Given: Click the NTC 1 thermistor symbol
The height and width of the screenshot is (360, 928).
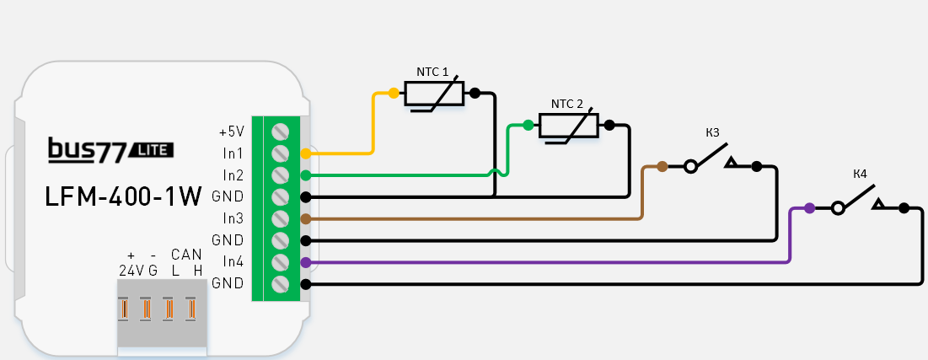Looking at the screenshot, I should [434, 94].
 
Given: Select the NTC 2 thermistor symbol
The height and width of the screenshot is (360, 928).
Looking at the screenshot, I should [568, 126].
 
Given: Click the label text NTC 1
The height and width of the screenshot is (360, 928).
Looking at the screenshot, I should [432, 72].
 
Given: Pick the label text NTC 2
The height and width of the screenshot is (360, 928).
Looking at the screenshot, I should [567, 104].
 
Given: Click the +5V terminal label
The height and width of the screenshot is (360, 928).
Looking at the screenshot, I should [231, 132].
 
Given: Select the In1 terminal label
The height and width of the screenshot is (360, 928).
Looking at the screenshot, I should [233, 153].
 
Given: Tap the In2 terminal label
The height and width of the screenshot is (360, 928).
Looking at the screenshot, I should [233, 175].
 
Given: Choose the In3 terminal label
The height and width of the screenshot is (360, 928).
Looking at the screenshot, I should [233, 218].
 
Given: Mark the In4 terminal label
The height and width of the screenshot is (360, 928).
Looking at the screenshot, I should [233, 261].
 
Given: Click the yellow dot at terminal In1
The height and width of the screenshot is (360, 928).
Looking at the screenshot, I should [304, 154].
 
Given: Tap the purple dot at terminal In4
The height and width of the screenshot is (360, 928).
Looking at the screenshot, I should [304, 262].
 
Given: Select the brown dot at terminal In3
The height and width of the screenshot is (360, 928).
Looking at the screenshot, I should [304, 219].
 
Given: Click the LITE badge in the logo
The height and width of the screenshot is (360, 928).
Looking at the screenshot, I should [152, 151].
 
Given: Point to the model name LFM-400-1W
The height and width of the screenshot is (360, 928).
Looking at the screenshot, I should [123, 196].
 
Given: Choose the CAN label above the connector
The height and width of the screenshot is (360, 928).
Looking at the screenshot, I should [185, 255].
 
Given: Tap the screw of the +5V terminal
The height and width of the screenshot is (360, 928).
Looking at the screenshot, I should [282, 132].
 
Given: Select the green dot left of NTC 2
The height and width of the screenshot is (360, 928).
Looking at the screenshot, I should [528, 126].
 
